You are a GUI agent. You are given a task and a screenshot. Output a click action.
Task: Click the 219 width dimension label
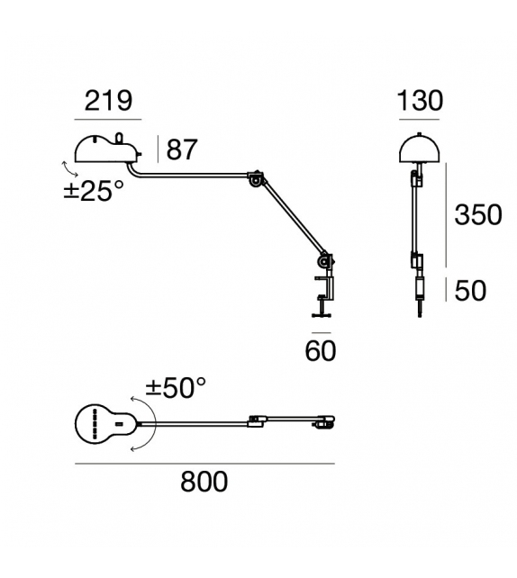coord(108,101)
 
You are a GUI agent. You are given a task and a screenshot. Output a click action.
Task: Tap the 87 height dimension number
coord(181,149)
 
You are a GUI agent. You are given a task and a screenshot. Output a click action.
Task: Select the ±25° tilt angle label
coord(94,191)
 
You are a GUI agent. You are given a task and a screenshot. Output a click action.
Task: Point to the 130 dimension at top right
coord(420,101)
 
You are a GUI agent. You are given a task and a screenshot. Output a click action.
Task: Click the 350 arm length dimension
coord(478,215)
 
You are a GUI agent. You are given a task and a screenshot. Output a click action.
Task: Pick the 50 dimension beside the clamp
coord(471,290)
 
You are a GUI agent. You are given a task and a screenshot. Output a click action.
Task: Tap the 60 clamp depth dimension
coord(321,350)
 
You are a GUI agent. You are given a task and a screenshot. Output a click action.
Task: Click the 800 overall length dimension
coord(204,482)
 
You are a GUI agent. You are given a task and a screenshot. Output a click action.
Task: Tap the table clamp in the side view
coord(322,288)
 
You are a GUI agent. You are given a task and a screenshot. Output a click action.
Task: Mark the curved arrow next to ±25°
coord(65,169)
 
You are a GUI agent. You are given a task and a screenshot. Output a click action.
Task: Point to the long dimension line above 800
coord(204,465)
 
